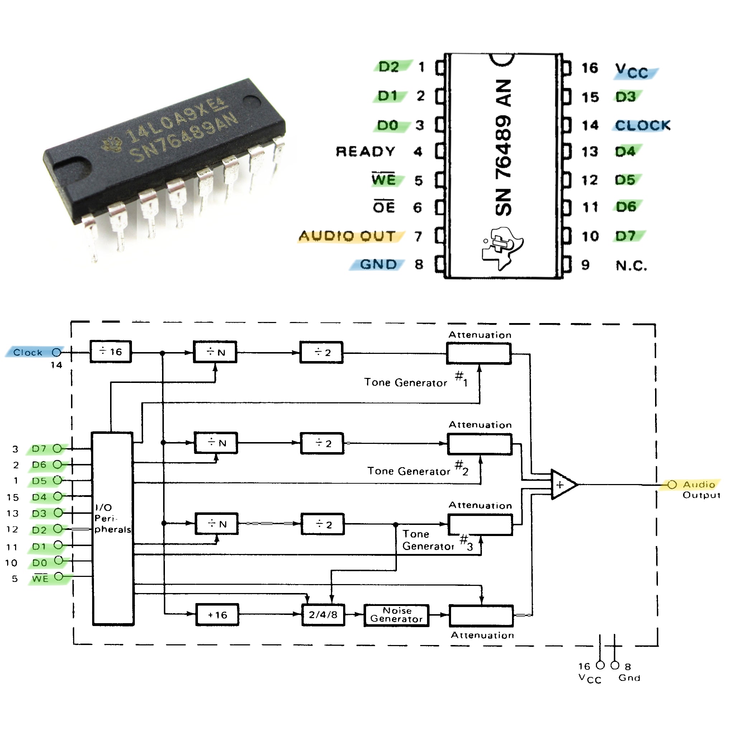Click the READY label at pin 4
[x=365, y=152]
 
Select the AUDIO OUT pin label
[x=347, y=236]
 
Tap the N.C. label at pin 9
[x=631, y=266]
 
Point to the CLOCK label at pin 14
[x=643, y=125]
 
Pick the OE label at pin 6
[x=384, y=207]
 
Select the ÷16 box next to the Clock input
[x=111, y=352]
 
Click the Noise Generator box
[x=396, y=615]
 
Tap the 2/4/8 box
[x=323, y=615]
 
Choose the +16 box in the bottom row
[x=217, y=615]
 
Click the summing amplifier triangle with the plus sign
[x=563, y=484]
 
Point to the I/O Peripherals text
[x=113, y=518]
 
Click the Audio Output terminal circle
[x=672, y=484]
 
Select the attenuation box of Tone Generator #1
[x=479, y=353]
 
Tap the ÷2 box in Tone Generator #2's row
[x=322, y=443]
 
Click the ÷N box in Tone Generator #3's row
[x=217, y=524]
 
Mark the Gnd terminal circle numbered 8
[x=615, y=665]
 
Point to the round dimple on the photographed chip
[x=252, y=101]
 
